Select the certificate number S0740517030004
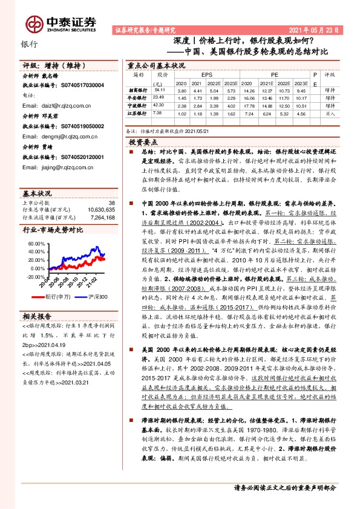pos(83,86)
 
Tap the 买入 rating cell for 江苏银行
pos(330,112)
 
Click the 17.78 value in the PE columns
pos(246,105)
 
